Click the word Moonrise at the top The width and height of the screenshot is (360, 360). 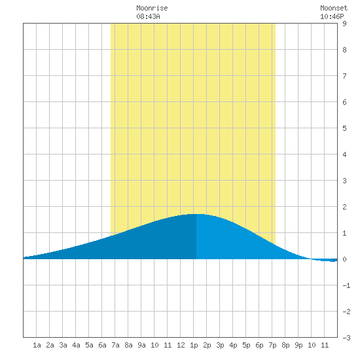click(x=152, y=8)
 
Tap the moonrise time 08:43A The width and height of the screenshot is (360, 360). click(x=148, y=16)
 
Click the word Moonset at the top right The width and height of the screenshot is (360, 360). click(x=334, y=8)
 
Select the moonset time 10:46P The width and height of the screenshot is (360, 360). click(x=332, y=16)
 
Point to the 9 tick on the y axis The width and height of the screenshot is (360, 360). click(x=344, y=24)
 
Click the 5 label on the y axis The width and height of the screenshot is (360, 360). click(x=344, y=128)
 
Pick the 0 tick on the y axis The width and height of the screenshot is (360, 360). click(x=344, y=259)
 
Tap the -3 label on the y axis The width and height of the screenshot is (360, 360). click(x=346, y=338)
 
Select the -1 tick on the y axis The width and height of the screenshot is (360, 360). click(x=346, y=285)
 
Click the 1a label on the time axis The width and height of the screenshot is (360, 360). click(x=37, y=345)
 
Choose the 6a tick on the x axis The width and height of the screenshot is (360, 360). click(x=102, y=345)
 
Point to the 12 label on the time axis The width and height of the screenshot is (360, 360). click(x=181, y=345)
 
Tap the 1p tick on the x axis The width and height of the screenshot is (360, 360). click(x=194, y=345)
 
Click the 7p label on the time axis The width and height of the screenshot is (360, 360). click(x=272, y=345)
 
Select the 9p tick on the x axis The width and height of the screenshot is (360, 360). click(x=298, y=345)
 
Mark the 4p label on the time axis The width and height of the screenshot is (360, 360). click(x=233, y=345)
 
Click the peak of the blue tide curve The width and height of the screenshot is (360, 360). click(x=196, y=214)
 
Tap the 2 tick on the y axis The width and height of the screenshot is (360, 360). click(x=344, y=207)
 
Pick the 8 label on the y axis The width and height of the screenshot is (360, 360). click(x=344, y=50)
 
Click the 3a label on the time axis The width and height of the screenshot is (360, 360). click(x=63, y=345)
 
